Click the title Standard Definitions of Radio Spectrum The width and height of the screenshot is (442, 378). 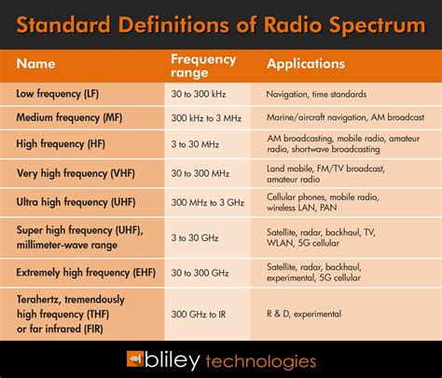[221, 24]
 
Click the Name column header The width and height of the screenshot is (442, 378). [37, 66]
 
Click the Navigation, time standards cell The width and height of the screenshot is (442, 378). [323, 94]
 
